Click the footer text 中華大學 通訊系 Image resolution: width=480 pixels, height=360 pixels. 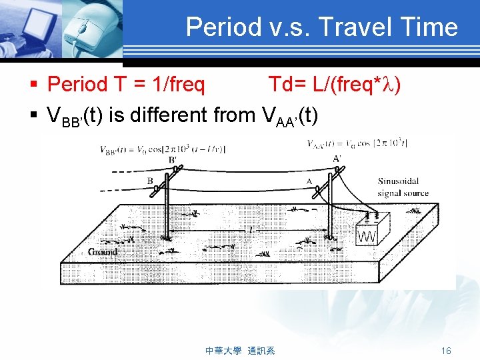coord(241,351)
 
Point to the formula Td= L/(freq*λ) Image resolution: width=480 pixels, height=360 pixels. coord(334,85)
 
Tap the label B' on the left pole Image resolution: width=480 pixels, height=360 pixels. coord(172,160)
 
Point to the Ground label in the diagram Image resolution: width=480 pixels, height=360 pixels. coord(103,251)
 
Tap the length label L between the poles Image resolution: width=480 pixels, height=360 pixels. coord(250,229)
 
